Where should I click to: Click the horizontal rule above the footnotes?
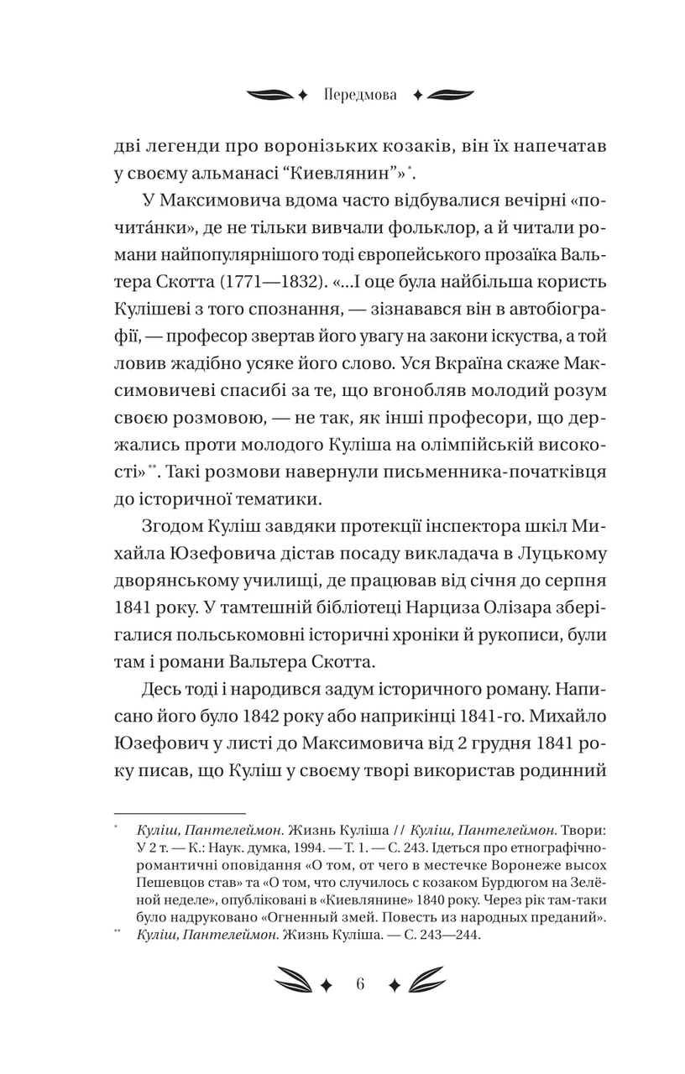[179, 812]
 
